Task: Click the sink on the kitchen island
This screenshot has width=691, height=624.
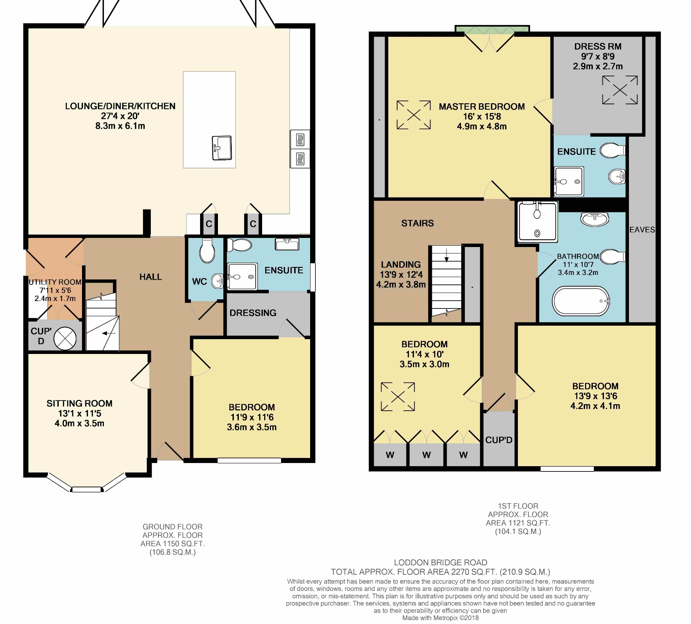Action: point(222,148)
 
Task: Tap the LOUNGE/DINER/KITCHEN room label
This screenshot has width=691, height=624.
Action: point(120,106)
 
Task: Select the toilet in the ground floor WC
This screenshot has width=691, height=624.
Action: point(208,250)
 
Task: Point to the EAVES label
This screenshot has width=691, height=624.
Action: point(642,230)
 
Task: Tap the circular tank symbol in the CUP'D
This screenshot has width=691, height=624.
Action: point(65,339)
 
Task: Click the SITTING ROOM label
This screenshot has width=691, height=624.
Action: point(80,404)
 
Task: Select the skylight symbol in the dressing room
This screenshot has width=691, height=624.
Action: point(620,90)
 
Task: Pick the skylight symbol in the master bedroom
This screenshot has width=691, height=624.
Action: point(414,115)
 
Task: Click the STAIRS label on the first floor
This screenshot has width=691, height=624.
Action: point(417,223)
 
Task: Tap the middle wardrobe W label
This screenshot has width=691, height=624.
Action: point(426,455)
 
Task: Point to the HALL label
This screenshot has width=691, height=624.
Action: point(150,277)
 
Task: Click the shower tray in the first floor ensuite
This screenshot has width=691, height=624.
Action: point(569,181)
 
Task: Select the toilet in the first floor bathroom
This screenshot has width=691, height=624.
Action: point(613,257)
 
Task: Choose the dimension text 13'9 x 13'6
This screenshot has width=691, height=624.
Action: point(596,396)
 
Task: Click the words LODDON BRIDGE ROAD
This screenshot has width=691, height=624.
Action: point(440,563)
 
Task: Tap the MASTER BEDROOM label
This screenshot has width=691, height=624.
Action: point(482,107)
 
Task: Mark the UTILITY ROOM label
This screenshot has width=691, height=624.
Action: point(55,282)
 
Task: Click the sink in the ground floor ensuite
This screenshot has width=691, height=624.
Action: point(287,244)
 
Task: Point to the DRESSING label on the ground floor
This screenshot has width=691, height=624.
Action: point(253,313)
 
